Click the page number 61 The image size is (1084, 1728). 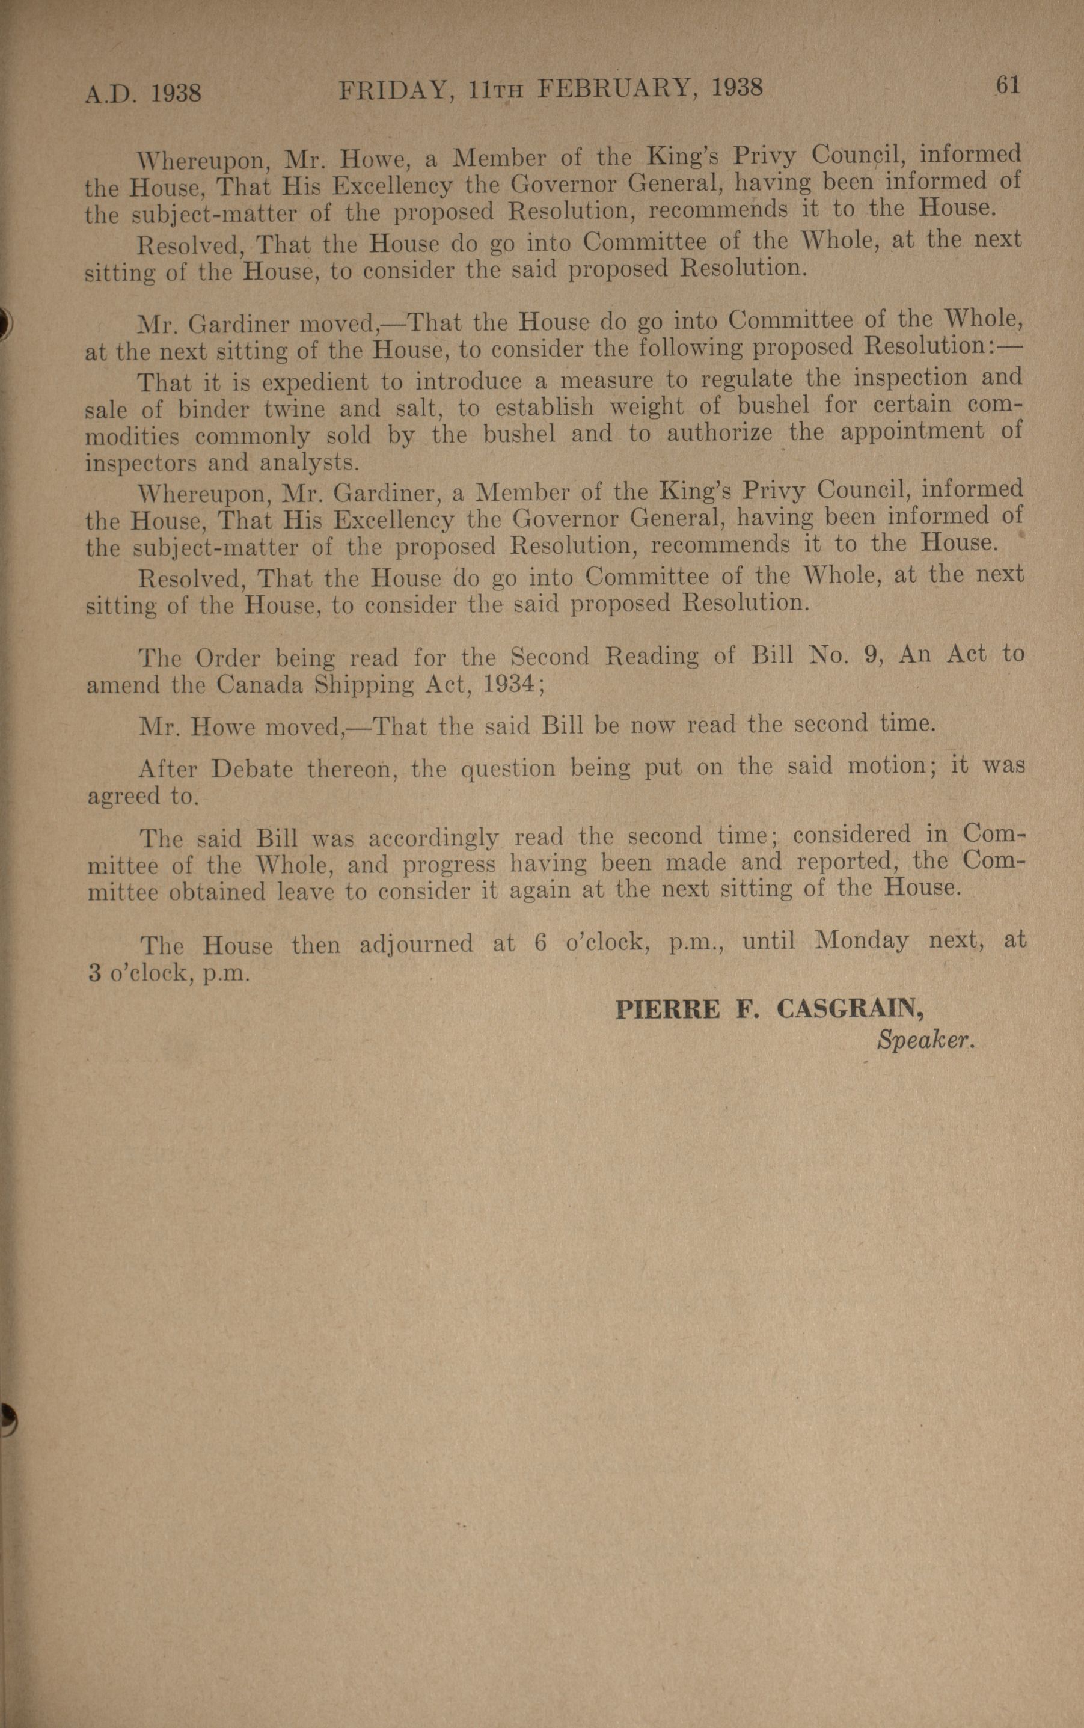point(1006,85)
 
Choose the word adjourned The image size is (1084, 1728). point(416,943)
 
